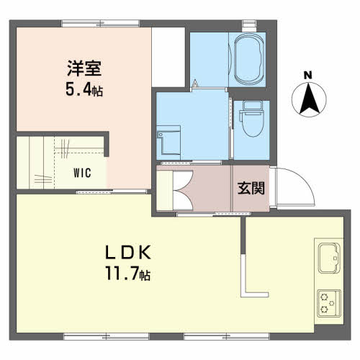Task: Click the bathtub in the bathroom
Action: (x=248, y=60)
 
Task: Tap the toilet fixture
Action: (x=253, y=119)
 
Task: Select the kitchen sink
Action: (x=329, y=258)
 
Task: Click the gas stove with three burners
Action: (x=329, y=304)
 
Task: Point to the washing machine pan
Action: (x=168, y=140)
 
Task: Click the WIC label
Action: (x=82, y=173)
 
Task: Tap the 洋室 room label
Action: (x=84, y=68)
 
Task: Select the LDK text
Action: (x=128, y=253)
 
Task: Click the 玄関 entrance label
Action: (x=251, y=189)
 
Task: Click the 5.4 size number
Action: (x=78, y=90)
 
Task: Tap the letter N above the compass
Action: (x=308, y=76)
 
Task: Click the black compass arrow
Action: (x=309, y=99)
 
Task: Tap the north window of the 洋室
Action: (x=100, y=24)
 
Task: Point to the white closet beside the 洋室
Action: (x=168, y=57)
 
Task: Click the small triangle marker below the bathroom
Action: (x=195, y=83)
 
